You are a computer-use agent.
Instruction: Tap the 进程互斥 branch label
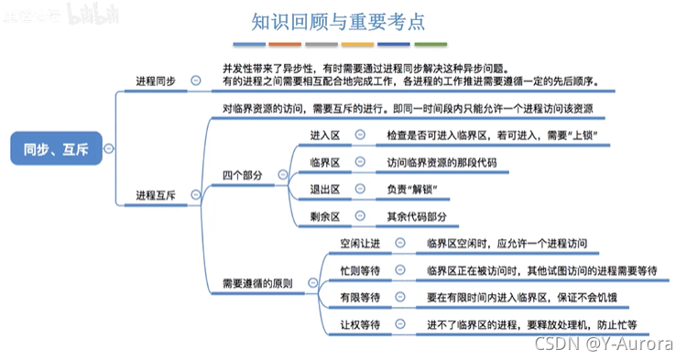tap(156, 194)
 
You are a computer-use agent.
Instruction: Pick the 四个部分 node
tap(243, 174)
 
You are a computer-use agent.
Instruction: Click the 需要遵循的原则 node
tap(257, 283)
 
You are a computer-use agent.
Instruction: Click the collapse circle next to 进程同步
tap(195, 80)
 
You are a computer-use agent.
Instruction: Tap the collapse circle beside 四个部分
tap(279, 174)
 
